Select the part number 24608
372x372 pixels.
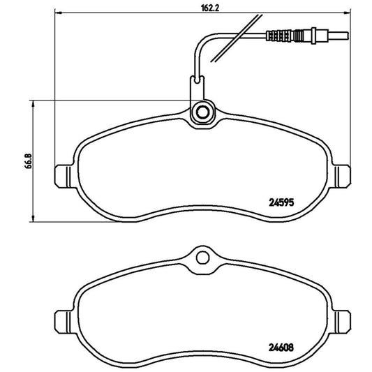pyautogui.click(x=283, y=343)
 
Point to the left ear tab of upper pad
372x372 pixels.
pyautogui.click(x=61, y=174)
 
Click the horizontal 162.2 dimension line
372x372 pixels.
pyautogui.click(x=140, y=13)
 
